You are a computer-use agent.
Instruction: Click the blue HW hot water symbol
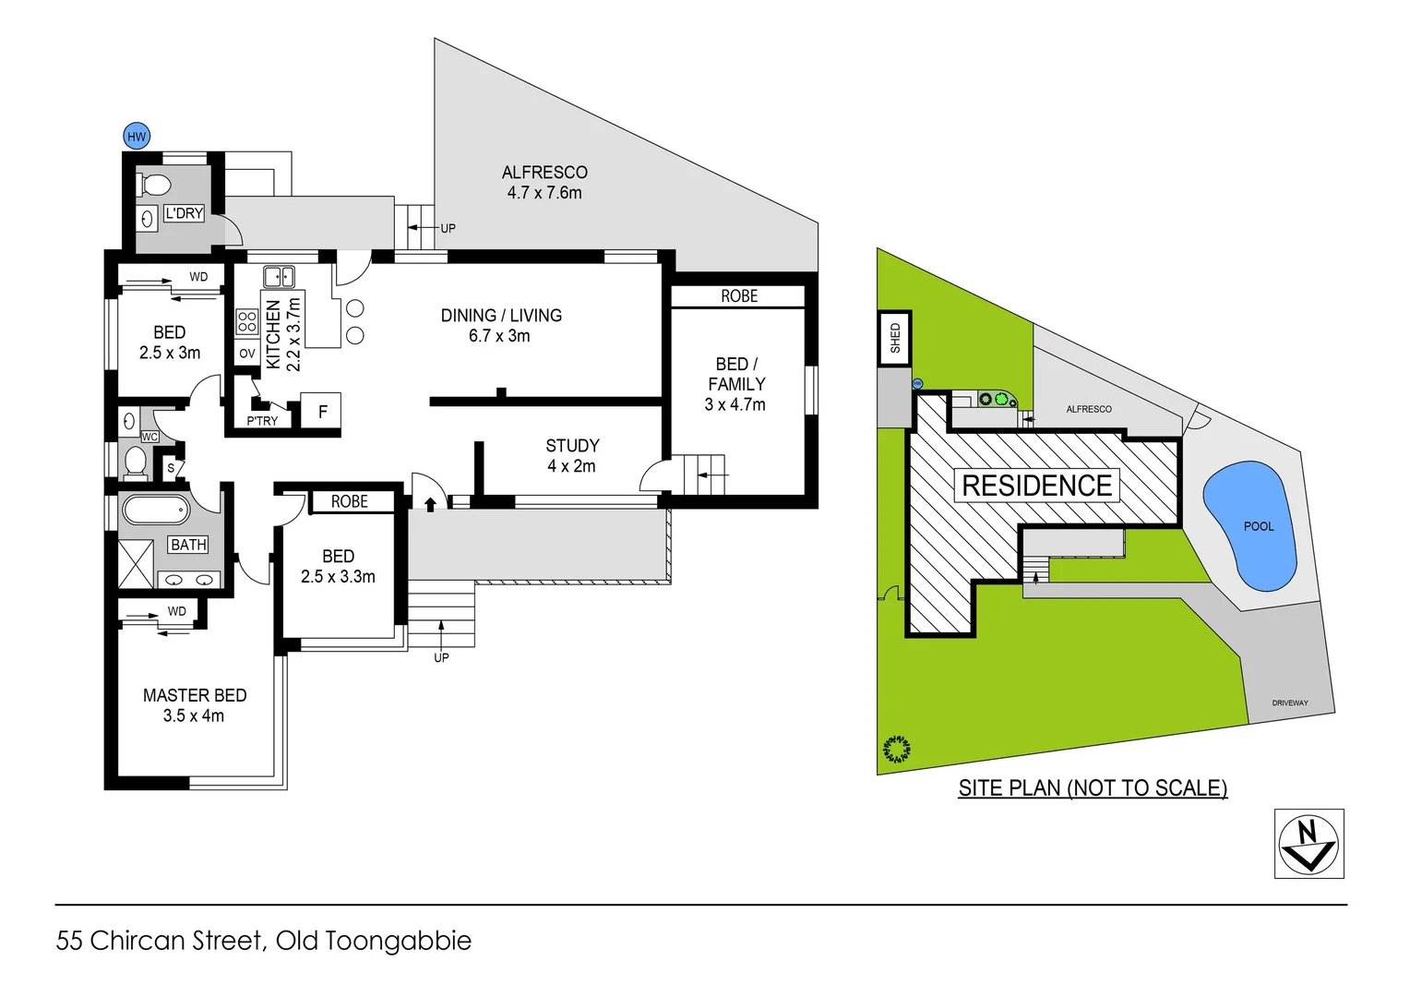137,137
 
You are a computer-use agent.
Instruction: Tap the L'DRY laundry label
184,213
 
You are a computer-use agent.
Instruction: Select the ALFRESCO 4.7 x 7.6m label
544,183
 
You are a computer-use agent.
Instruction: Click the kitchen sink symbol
279,276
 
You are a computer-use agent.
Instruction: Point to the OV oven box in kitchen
247,354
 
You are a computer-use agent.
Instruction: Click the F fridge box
323,412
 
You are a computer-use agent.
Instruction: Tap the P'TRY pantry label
262,421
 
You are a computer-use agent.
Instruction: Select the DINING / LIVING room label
500,325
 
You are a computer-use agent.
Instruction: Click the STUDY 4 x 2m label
572,456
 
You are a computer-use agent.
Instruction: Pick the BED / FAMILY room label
735,384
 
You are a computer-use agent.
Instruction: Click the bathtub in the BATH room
155,511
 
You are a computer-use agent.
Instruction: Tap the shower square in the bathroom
136,563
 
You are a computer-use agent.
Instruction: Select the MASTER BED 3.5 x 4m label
194,705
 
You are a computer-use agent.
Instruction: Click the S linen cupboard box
171,469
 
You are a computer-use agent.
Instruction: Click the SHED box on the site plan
894,338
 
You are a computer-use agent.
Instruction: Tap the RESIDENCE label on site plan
1036,486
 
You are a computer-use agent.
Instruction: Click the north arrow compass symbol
1308,843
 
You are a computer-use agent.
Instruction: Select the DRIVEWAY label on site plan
1289,703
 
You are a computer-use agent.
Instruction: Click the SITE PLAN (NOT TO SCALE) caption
1093,787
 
